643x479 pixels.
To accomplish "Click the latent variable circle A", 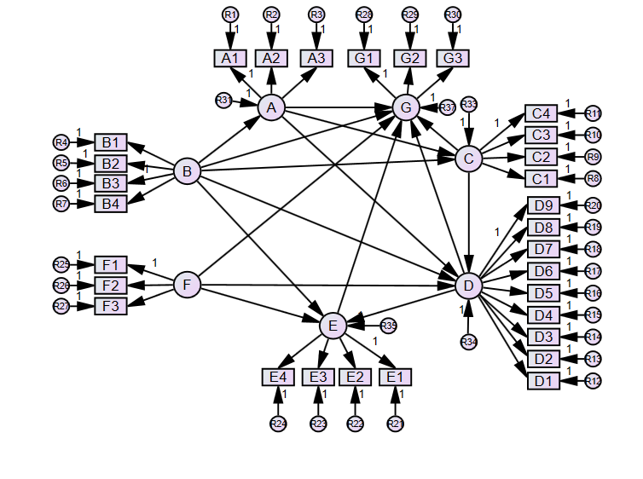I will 271,107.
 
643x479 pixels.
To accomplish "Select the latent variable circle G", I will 406,107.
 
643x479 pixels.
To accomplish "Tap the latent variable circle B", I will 186,171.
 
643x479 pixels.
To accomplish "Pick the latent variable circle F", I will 186,284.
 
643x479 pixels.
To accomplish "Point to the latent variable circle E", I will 333,325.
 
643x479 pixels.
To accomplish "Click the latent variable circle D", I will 468,286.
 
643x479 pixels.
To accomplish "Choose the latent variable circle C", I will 468,159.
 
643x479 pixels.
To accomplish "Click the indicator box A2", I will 271,58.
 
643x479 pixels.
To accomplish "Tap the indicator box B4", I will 111,204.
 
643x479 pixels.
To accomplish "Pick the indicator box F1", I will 111,264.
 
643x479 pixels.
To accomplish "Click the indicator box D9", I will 543,205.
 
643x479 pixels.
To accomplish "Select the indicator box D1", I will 542,381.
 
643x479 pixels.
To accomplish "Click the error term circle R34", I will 468,342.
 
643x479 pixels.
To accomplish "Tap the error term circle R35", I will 389,326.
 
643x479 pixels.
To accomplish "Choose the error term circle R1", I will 230,14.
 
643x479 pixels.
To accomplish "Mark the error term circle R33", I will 468,104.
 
